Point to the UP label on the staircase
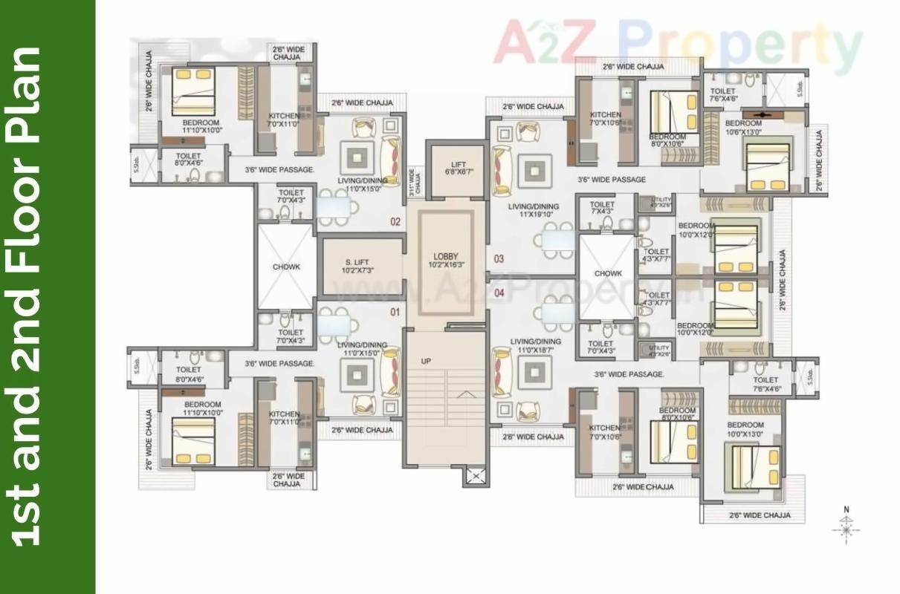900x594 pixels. pos(426,362)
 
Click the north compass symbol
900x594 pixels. pos(846,526)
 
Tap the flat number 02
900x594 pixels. pos(395,221)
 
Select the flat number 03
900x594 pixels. pos(499,259)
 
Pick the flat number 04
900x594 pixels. pos(499,293)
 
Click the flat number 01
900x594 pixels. pos(395,313)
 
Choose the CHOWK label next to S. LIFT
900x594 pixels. pos(286,267)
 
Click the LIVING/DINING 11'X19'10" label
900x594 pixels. pos(534,211)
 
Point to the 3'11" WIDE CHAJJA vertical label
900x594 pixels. pos(414,182)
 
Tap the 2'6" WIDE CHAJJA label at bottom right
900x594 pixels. pos(759,515)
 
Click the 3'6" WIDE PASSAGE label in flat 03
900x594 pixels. pos(611,180)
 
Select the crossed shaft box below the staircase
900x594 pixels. pos(476,475)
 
